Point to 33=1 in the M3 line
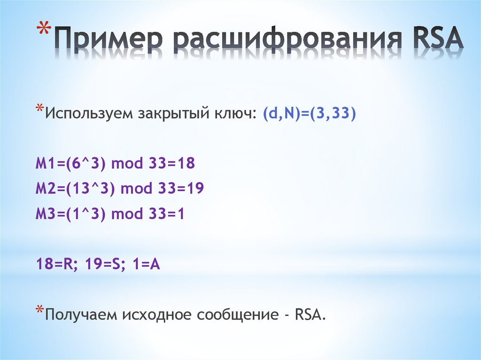(x=168, y=214)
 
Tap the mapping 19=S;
(x=104, y=265)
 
